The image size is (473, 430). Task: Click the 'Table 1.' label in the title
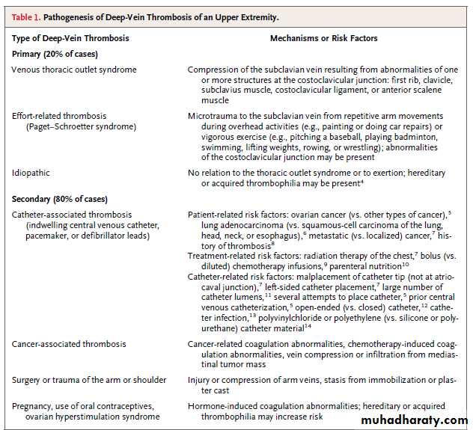click(x=29, y=16)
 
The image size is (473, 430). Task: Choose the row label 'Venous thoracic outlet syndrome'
click(x=74, y=70)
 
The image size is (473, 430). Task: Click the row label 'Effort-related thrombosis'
click(x=59, y=116)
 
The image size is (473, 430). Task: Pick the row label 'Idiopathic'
click(x=31, y=172)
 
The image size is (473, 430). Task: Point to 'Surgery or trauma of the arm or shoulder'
click(x=88, y=380)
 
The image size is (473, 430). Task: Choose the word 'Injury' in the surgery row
click(x=199, y=380)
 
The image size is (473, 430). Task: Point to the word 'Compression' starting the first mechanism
click(x=214, y=70)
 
